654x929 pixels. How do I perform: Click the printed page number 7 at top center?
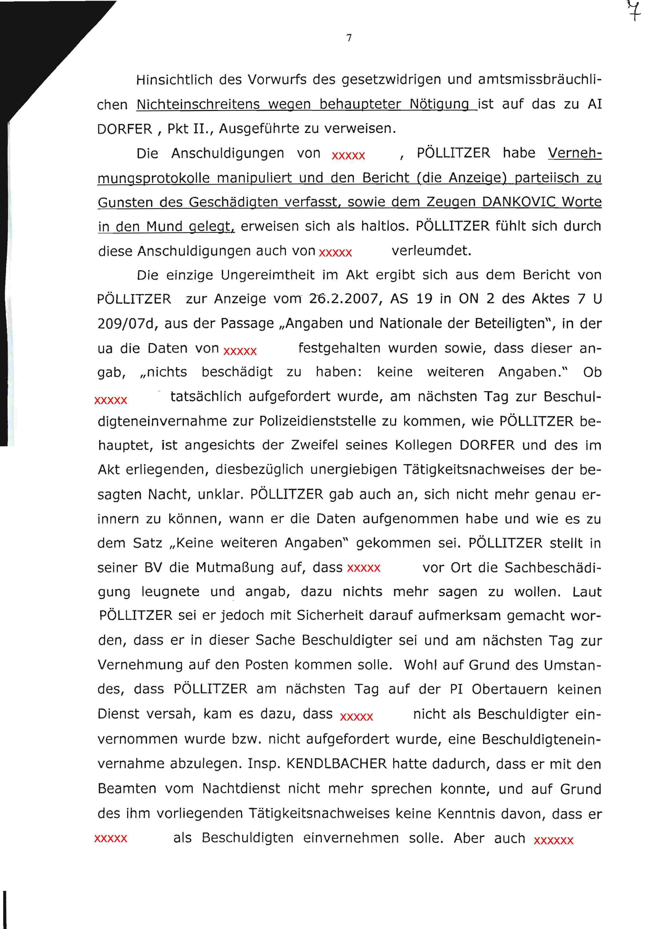tap(349, 38)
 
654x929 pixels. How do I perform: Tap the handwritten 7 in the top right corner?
tap(634, 10)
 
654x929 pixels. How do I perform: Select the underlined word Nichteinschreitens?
tap(198, 104)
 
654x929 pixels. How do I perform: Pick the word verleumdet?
tap(431, 251)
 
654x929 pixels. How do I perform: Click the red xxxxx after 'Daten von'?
tap(240, 350)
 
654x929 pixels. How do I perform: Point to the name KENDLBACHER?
tap(336, 763)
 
